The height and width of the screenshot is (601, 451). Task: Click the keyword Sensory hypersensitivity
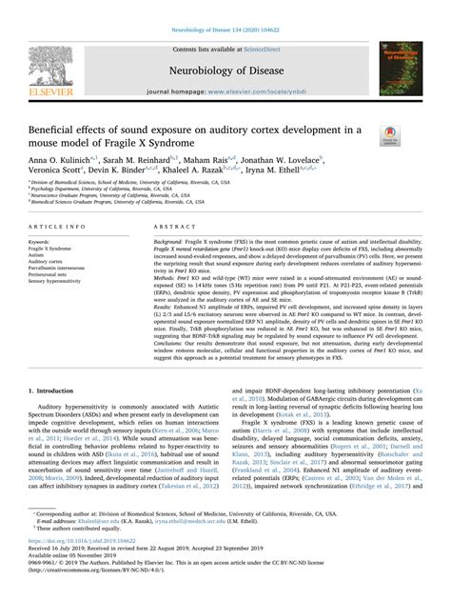click(x=56, y=283)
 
